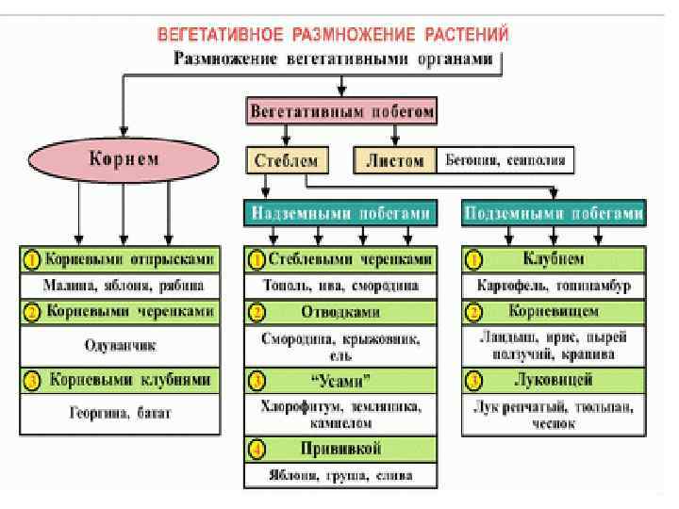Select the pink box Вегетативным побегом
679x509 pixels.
click(x=342, y=111)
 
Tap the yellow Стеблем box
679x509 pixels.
click(x=287, y=159)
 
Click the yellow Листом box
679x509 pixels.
click(x=395, y=159)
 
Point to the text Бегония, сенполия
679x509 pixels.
click(x=505, y=160)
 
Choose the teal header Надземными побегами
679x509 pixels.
click(x=340, y=213)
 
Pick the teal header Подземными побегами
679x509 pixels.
click(x=555, y=213)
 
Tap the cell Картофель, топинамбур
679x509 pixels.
click(x=555, y=284)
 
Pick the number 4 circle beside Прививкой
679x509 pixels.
click(x=257, y=448)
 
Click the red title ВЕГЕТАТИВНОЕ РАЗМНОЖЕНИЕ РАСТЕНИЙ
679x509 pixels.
click(x=333, y=35)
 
